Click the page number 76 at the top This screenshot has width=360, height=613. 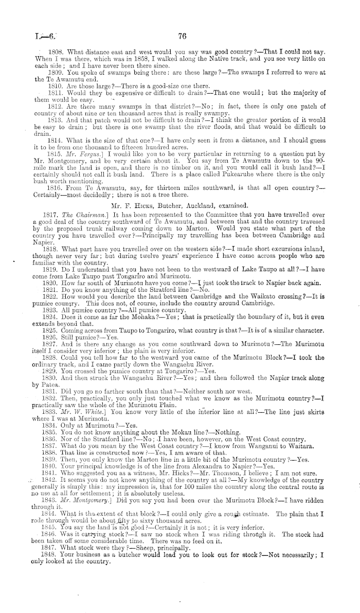click(181, 36)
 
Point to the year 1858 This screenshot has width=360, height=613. click(125, 59)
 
